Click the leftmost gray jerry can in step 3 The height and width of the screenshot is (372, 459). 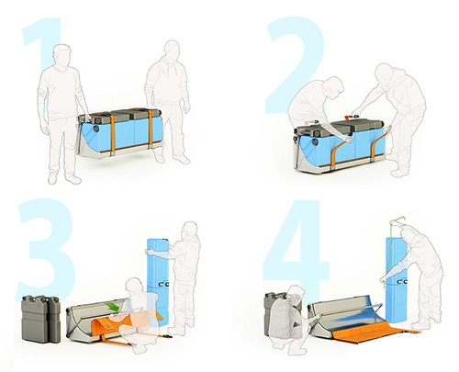(35, 319)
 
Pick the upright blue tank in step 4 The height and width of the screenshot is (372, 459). (397, 279)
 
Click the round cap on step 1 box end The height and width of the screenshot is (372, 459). (96, 128)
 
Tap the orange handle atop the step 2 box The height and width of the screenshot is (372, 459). (349, 117)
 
